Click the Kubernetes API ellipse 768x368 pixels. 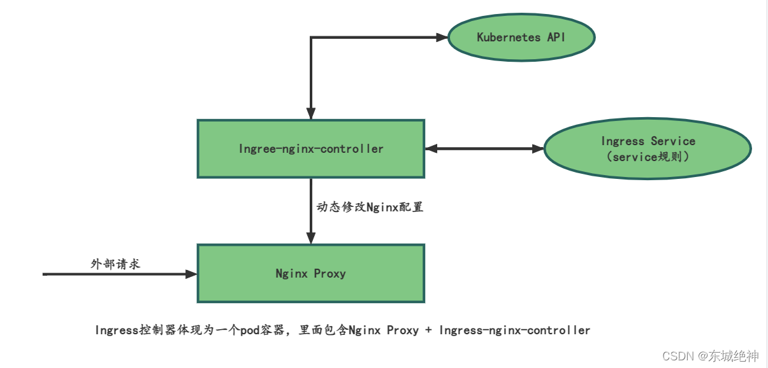[x=521, y=37]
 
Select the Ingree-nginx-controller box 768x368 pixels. [x=311, y=148]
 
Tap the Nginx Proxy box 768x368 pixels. [x=311, y=274]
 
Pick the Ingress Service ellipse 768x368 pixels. [x=648, y=148]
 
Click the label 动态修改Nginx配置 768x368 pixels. [x=370, y=207]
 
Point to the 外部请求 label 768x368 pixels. [x=115, y=264]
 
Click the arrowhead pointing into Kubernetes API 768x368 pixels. [x=442, y=38]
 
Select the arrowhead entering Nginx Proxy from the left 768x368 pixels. [x=191, y=274]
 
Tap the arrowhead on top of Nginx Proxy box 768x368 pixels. [x=311, y=238]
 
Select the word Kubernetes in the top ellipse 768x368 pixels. [x=507, y=37]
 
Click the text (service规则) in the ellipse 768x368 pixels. [x=648, y=156]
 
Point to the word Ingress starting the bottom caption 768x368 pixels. [x=115, y=330]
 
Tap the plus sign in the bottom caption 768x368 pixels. [x=429, y=330]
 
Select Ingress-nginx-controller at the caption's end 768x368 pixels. [x=514, y=330]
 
